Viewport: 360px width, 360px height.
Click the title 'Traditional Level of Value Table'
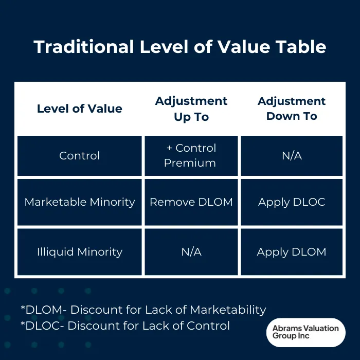pos(180,47)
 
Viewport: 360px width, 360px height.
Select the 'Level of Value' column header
pos(80,109)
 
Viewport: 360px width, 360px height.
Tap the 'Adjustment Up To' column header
pos(191,109)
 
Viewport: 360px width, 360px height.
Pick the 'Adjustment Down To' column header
pos(292,109)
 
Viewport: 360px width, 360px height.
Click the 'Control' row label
pos(80,156)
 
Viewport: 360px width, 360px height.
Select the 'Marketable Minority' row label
pos(80,202)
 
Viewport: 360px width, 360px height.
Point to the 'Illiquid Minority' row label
pos(80,252)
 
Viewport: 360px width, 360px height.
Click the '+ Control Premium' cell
pos(191,155)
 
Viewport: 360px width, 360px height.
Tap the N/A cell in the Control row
pos(292,156)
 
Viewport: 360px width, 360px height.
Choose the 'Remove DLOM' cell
pos(191,202)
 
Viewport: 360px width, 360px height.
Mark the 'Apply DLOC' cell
pos(292,202)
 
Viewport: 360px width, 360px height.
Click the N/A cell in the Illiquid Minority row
pos(191,252)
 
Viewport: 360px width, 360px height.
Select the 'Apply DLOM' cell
pos(292,252)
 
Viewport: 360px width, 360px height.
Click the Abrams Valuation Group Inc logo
pos(305,332)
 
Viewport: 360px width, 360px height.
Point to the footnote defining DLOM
pos(143,310)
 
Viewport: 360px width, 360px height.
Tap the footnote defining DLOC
pos(125,326)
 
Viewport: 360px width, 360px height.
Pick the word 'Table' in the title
pos(301,47)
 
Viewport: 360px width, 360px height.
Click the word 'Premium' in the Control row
pos(190,163)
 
